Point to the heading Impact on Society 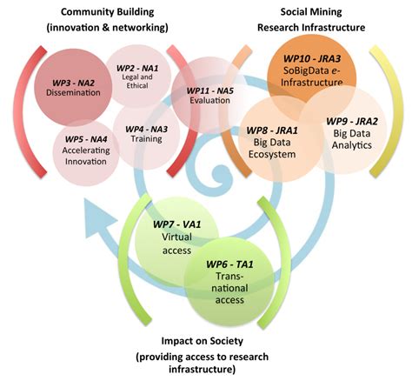click(x=205, y=341)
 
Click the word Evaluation click(x=211, y=100)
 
